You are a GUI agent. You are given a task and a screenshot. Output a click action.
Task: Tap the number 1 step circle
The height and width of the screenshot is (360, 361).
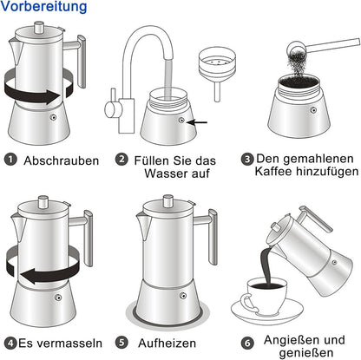(x=10, y=160)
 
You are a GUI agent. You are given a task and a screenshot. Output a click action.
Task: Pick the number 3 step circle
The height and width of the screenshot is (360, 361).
(x=247, y=160)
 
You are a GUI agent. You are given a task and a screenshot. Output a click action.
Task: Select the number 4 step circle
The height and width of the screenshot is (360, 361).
(x=10, y=342)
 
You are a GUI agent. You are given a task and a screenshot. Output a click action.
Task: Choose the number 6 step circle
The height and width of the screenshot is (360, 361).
(x=246, y=343)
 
